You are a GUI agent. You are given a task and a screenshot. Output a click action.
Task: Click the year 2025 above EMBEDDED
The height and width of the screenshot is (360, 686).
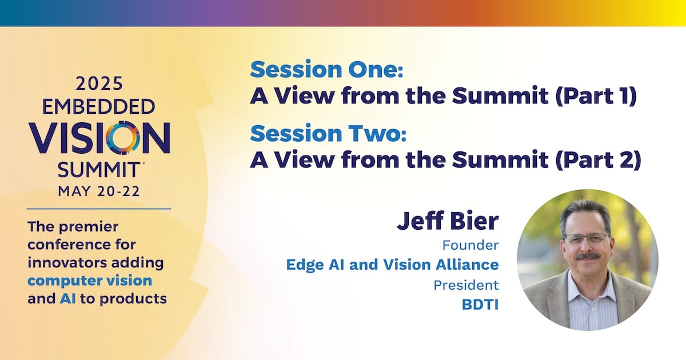(99, 83)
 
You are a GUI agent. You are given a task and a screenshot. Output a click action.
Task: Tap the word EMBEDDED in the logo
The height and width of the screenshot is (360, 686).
(98, 106)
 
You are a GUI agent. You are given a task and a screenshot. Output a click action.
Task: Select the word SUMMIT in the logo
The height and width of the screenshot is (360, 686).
(98, 170)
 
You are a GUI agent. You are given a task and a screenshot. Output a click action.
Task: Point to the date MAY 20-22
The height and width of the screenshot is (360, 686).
(99, 191)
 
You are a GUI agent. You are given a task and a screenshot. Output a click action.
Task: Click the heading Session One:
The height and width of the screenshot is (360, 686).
(326, 70)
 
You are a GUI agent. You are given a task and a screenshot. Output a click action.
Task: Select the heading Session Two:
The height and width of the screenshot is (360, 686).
(328, 133)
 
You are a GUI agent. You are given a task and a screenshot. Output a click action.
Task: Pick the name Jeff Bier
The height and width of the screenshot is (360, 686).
(448, 221)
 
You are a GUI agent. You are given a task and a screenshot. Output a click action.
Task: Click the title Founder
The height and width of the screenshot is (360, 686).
(470, 245)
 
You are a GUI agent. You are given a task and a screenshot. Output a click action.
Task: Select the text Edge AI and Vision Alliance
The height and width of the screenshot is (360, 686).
(392, 265)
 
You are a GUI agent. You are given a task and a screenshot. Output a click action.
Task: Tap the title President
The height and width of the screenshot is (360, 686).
(466, 285)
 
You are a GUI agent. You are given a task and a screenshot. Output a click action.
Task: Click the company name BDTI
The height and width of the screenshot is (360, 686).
(480, 305)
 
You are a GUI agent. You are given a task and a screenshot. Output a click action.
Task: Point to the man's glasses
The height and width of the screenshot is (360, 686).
(586, 238)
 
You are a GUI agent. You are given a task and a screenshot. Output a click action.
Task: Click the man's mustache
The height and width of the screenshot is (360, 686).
(588, 257)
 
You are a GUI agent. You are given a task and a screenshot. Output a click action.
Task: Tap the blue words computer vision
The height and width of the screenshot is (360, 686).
(90, 281)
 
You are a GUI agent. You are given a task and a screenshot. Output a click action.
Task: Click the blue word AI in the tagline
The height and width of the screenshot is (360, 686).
(67, 298)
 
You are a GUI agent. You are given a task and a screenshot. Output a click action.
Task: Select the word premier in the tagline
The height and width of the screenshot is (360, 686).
(88, 227)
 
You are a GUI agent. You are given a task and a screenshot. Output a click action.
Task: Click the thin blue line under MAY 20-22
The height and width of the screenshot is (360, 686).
(99, 209)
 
